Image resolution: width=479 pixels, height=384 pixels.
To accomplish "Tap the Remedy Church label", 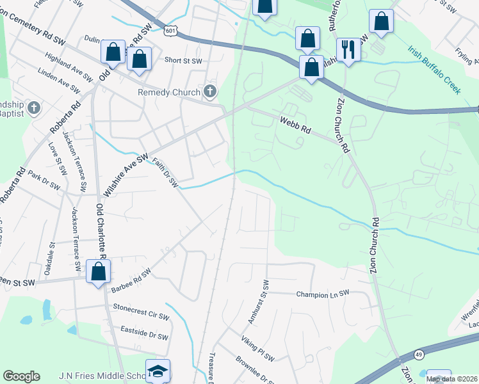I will coord(169,93).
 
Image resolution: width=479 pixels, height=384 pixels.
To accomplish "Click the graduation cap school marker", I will coord(157,372).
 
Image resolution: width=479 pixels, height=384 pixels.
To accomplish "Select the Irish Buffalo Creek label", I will coord(434,70).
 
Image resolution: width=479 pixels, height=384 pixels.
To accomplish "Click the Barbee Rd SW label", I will coord(131,280).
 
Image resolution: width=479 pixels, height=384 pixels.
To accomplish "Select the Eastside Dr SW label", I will coord(144,333).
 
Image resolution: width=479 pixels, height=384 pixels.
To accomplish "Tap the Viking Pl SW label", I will coord(257,348).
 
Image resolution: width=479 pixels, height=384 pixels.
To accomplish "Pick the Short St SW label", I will coord(183,61).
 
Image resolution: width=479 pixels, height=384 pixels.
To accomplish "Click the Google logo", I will coord(21,376).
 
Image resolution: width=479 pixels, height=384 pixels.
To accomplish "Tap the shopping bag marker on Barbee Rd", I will coord(99,271).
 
